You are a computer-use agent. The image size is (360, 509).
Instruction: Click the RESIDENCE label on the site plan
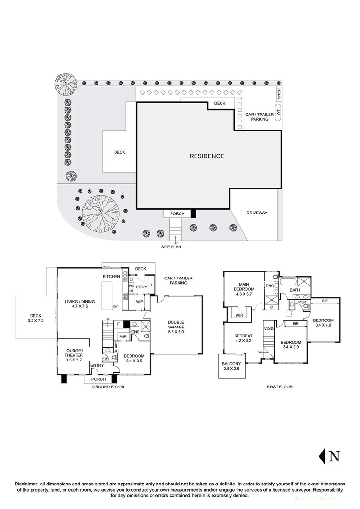coord(207,156)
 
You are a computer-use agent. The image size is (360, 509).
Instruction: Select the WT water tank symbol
coord(278,113)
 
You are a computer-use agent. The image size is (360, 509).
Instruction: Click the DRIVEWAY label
coord(256,213)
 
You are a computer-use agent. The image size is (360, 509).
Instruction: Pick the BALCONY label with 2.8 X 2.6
coord(232,367)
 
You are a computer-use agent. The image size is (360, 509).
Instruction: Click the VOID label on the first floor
coord(269,328)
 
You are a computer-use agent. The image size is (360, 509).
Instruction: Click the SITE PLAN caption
coord(170,246)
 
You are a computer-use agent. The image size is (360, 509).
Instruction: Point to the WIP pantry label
coord(139,301)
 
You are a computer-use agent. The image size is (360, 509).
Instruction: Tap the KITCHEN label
coord(112,276)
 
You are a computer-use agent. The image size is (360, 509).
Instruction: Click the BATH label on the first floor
coord(295,290)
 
